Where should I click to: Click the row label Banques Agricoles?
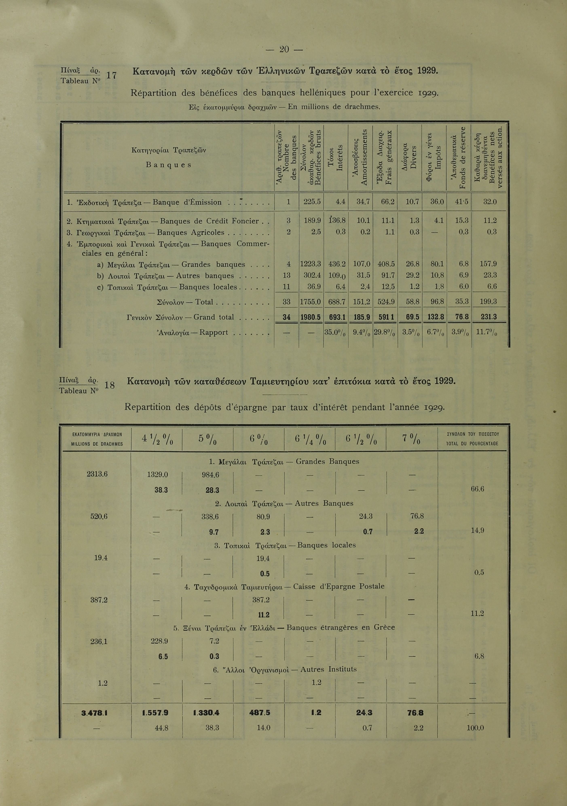[x=190, y=232]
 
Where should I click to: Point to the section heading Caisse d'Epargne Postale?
[x=339, y=586]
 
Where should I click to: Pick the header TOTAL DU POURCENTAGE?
[x=472, y=444]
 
